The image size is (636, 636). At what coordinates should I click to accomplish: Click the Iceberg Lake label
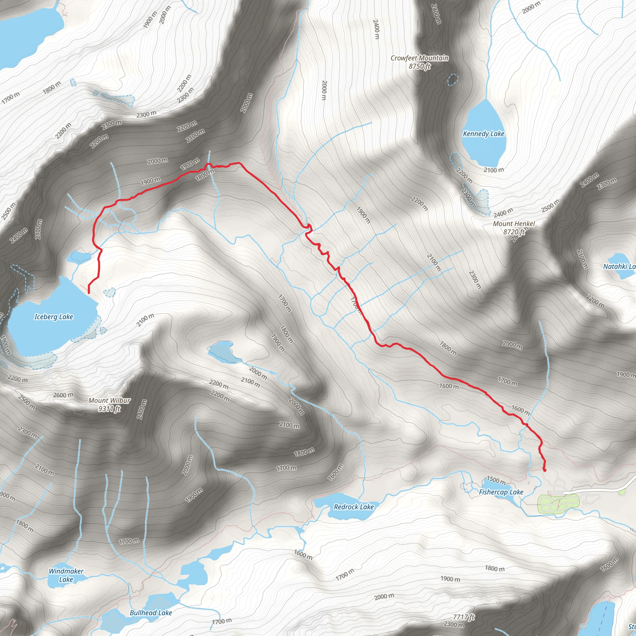point(54,317)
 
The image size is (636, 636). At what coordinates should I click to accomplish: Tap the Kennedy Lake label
point(483,134)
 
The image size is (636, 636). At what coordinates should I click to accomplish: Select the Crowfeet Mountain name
point(419,58)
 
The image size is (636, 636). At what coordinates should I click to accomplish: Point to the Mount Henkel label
point(514,224)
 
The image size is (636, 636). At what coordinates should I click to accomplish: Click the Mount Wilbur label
point(109,401)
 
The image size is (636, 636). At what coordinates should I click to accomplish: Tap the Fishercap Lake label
point(501,492)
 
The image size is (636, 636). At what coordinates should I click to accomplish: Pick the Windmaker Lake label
point(66,575)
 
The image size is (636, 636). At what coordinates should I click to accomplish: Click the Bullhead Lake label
point(151,613)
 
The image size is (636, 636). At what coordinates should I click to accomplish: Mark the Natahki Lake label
point(619,266)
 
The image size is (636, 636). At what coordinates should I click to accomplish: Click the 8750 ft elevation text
point(419,66)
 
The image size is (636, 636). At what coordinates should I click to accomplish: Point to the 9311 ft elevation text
point(109,409)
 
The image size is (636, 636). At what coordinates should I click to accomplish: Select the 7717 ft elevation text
point(464,617)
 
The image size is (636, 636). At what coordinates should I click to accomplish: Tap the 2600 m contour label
point(63,395)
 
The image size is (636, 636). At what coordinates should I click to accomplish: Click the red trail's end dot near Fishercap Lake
point(544,470)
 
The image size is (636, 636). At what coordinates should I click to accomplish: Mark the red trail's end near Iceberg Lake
point(89,292)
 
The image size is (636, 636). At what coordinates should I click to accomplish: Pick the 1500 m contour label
point(496,480)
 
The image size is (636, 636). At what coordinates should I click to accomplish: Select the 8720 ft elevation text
point(514,232)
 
